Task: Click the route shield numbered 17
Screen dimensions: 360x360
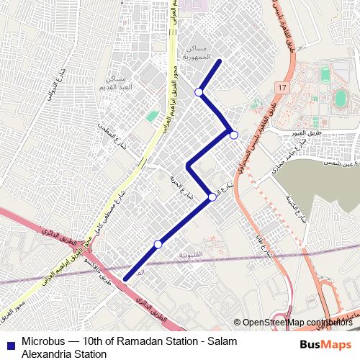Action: click(x=280, y=87)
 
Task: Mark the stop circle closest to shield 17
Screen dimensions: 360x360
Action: click(x=233, y=135)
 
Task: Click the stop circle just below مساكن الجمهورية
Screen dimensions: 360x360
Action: click(x=199, y=92)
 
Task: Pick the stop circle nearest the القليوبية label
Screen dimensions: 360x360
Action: click(x=158, y=245)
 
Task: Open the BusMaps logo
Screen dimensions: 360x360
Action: click(x=325, y=344)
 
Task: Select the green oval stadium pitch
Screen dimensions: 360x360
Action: click(x=338, y=98)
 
